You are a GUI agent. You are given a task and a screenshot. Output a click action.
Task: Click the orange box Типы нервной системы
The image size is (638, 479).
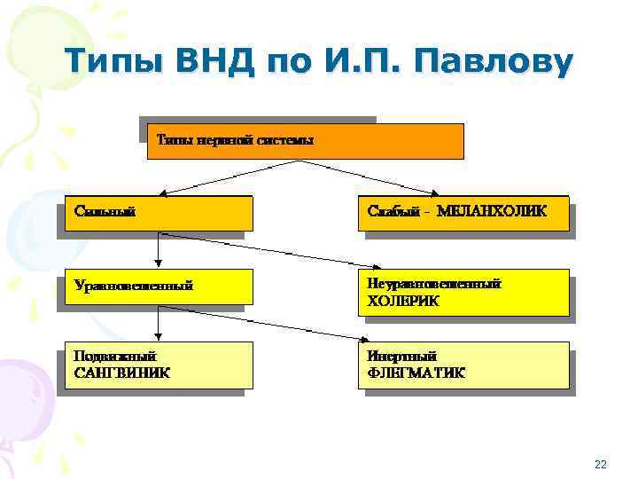pos(304,140)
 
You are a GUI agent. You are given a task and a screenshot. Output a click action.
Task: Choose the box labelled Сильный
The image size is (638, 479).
pos(159,213)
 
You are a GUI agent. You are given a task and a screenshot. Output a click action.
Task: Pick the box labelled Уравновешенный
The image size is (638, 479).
pos(159,287)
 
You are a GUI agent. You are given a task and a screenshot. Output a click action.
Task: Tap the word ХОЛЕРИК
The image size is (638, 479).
pos(403,302)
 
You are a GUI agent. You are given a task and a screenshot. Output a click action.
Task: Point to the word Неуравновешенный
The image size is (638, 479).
pos(434,285)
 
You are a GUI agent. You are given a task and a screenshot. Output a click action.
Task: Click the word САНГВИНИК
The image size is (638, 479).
pos(123,373)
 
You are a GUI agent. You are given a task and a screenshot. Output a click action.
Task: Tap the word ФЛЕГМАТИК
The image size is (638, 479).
pos(416,373)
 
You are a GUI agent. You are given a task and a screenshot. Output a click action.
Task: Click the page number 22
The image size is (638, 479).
pos(601,464)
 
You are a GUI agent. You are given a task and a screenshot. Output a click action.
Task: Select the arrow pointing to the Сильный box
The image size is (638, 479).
pos(230,178)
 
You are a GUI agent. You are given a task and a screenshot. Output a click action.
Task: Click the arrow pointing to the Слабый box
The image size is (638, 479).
pos(377,178)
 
